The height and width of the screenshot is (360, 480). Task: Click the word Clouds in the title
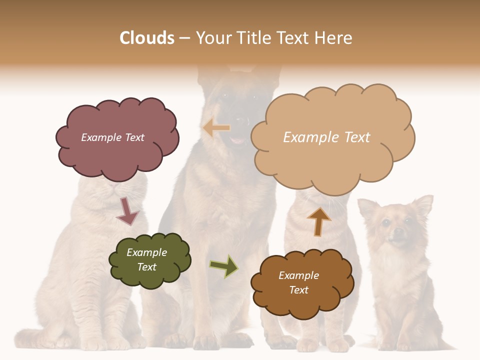[x=147, y=38]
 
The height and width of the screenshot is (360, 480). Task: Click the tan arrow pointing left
[x=216, y=128]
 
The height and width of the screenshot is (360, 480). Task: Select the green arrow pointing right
[x=223, y=266]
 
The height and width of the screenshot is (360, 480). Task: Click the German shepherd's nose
[x=241, y=121]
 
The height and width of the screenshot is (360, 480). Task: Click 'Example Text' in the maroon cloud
[x=112, y=137]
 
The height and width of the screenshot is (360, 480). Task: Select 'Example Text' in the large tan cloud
[x=326, y=137]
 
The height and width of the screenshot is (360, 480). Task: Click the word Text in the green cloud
[x=147, y=267]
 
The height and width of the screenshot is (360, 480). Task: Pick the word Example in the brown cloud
[x=298, y=275]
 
